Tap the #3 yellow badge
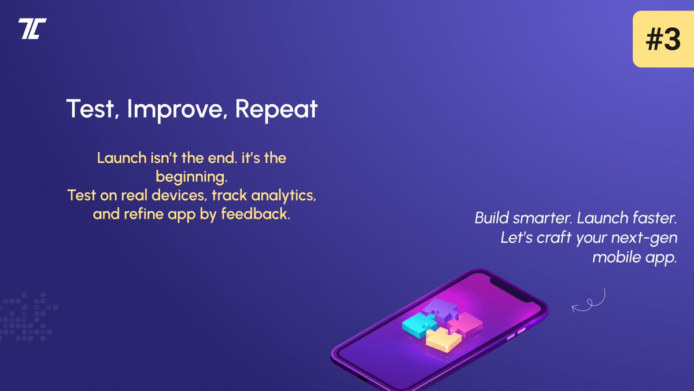(x=663, y=40)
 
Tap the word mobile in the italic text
(x=615, y=257)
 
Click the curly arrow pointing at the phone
(x=589, y=301)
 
